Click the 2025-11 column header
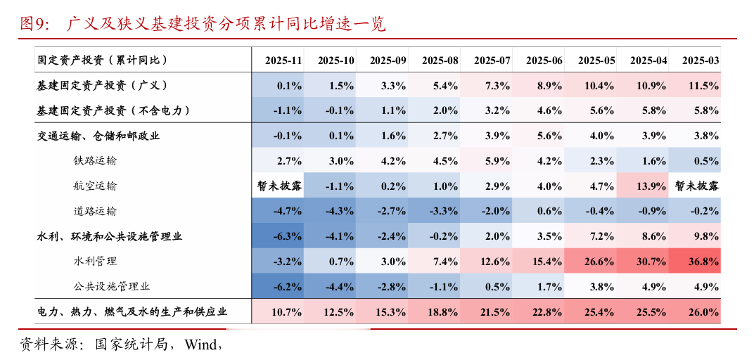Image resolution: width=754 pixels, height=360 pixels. pos(283,60)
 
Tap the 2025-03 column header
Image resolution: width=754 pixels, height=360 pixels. pos(701,60)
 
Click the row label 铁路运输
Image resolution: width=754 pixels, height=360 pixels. pos(95,160)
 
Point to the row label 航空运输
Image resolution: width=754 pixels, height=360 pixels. pos(95,186)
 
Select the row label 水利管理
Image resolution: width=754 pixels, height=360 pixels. pos(95,261)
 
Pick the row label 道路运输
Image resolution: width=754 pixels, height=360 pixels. pos(95,211)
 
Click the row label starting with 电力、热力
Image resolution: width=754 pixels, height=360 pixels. pos(132,311)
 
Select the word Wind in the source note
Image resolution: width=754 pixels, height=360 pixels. pos(201,344)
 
